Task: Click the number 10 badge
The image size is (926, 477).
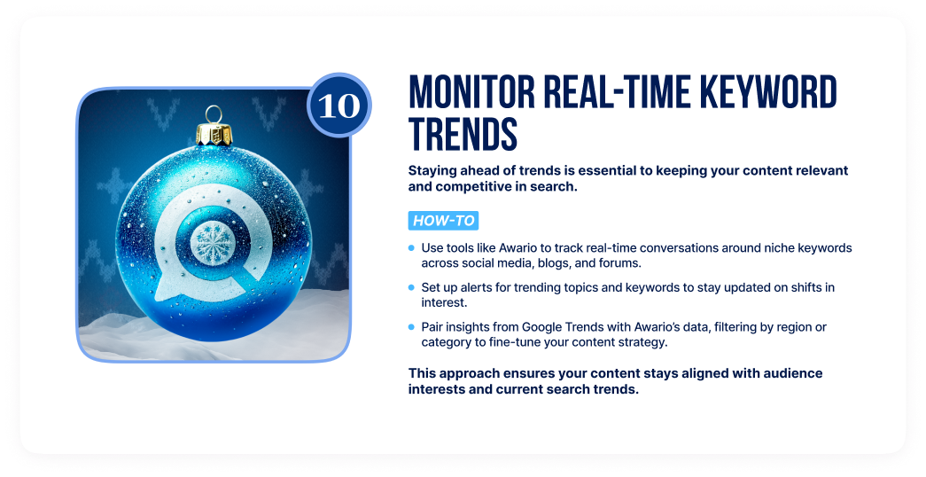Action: tap(339, 106)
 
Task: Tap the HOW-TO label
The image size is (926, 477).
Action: tap(444, 221)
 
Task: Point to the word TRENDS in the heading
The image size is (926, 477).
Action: tap(463, 134)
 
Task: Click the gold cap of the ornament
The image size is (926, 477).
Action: tap(214, 134)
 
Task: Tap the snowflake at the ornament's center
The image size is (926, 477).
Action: tap(212, 243)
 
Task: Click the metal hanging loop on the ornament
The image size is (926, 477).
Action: tap(214, 114)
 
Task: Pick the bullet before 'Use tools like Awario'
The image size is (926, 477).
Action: tap(412, 248)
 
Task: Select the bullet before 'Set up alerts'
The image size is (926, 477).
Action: tap(412, 287)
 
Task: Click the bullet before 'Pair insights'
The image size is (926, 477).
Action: tap(412, 327)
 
